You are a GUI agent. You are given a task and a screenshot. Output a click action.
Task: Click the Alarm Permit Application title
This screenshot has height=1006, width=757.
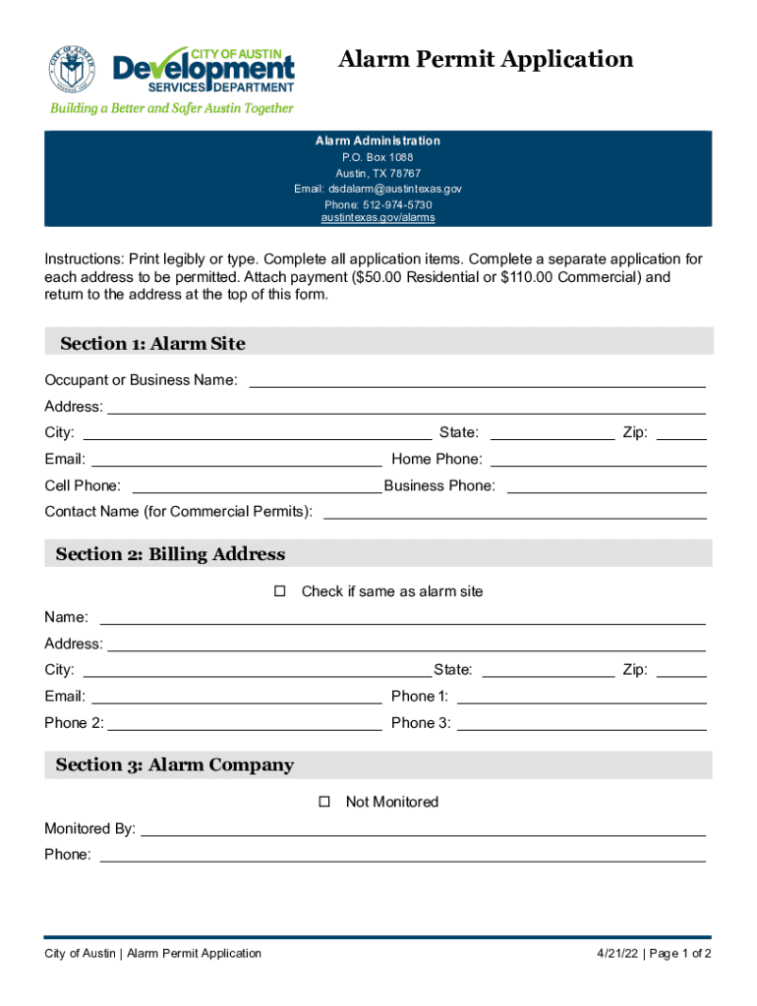(486, 60)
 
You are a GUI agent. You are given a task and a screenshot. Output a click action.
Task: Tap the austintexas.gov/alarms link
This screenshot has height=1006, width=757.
(378, 217)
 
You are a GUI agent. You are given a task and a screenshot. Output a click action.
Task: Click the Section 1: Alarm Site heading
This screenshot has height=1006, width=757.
(152, 343)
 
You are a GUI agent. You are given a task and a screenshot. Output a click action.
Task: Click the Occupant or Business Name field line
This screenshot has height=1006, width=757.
(477, 380)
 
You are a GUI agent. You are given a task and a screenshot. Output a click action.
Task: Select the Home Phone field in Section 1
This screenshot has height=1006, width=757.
(598, 459)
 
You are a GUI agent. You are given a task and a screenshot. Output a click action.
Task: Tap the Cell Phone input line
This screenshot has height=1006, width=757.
(256, 485)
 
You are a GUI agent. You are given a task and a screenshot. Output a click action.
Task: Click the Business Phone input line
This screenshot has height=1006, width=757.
(606, 485)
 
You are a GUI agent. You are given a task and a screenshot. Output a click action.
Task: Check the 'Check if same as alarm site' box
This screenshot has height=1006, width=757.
(279, 591)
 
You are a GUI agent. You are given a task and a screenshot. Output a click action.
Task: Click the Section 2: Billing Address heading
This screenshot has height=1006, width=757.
(170, 554)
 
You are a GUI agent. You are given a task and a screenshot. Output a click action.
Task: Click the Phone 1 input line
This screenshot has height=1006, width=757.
(581, 697)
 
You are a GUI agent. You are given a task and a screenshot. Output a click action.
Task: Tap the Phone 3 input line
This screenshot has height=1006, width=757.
(581, 723)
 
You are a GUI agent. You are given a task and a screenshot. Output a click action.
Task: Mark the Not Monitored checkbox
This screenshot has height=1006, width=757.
(324, 802)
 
